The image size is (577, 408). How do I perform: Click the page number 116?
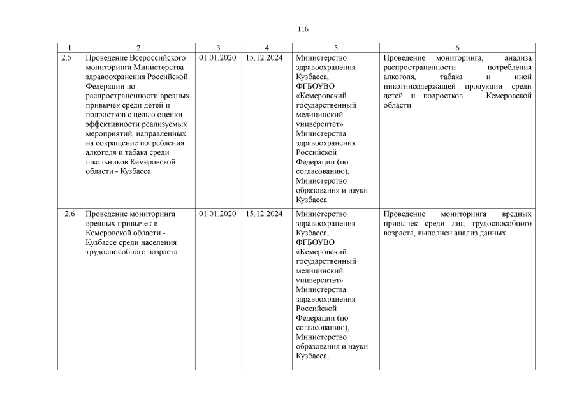tap(303, 29)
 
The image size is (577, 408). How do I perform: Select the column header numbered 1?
tap(69, 48)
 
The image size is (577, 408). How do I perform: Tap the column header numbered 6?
tap(457, 48)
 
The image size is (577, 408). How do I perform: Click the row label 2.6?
tap(69, 214)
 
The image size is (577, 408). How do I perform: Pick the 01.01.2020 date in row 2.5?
tap(217, 57)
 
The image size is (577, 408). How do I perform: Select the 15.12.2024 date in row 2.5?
tap(263, 57)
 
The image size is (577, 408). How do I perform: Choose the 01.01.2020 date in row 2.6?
tap(217, 214)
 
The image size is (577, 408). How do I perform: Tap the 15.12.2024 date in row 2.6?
tap(263, 214)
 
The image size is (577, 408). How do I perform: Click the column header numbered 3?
tap(218, 48)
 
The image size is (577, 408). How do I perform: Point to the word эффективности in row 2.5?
tap(112, 124)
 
